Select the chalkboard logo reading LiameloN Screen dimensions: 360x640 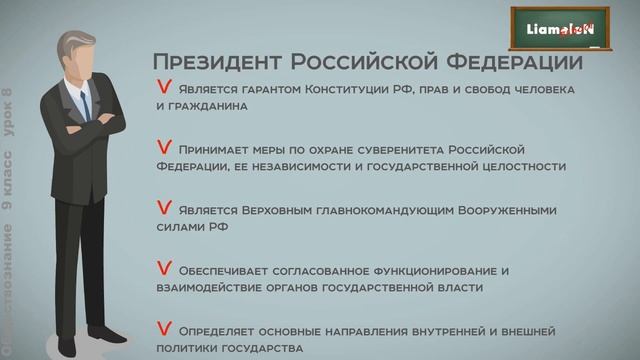click(561, 30)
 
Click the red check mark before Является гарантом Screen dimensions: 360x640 click(162, 88)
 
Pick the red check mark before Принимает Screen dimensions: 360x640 click(163, 147)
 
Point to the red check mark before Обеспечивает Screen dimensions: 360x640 click(163, 268)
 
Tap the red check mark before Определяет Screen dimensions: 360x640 click(163, 328)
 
